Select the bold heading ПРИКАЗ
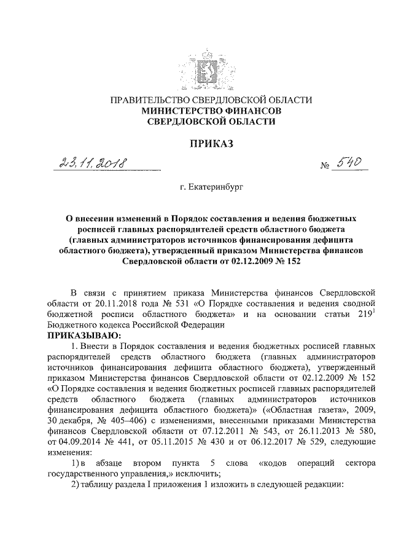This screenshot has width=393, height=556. coord(196,144)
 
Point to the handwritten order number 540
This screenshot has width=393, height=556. coord(348,162)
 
